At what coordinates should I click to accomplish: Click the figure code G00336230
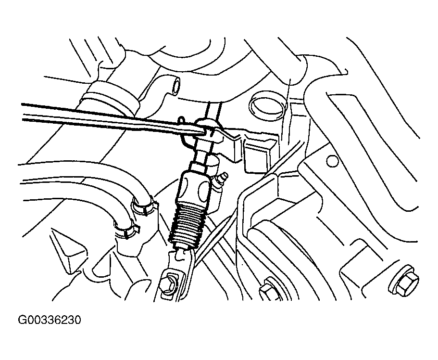50,320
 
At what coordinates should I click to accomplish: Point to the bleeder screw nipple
222,179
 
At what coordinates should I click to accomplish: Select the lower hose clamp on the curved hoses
126,229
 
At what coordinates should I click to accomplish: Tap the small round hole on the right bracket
332,161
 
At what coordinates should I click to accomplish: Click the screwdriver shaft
112,117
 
